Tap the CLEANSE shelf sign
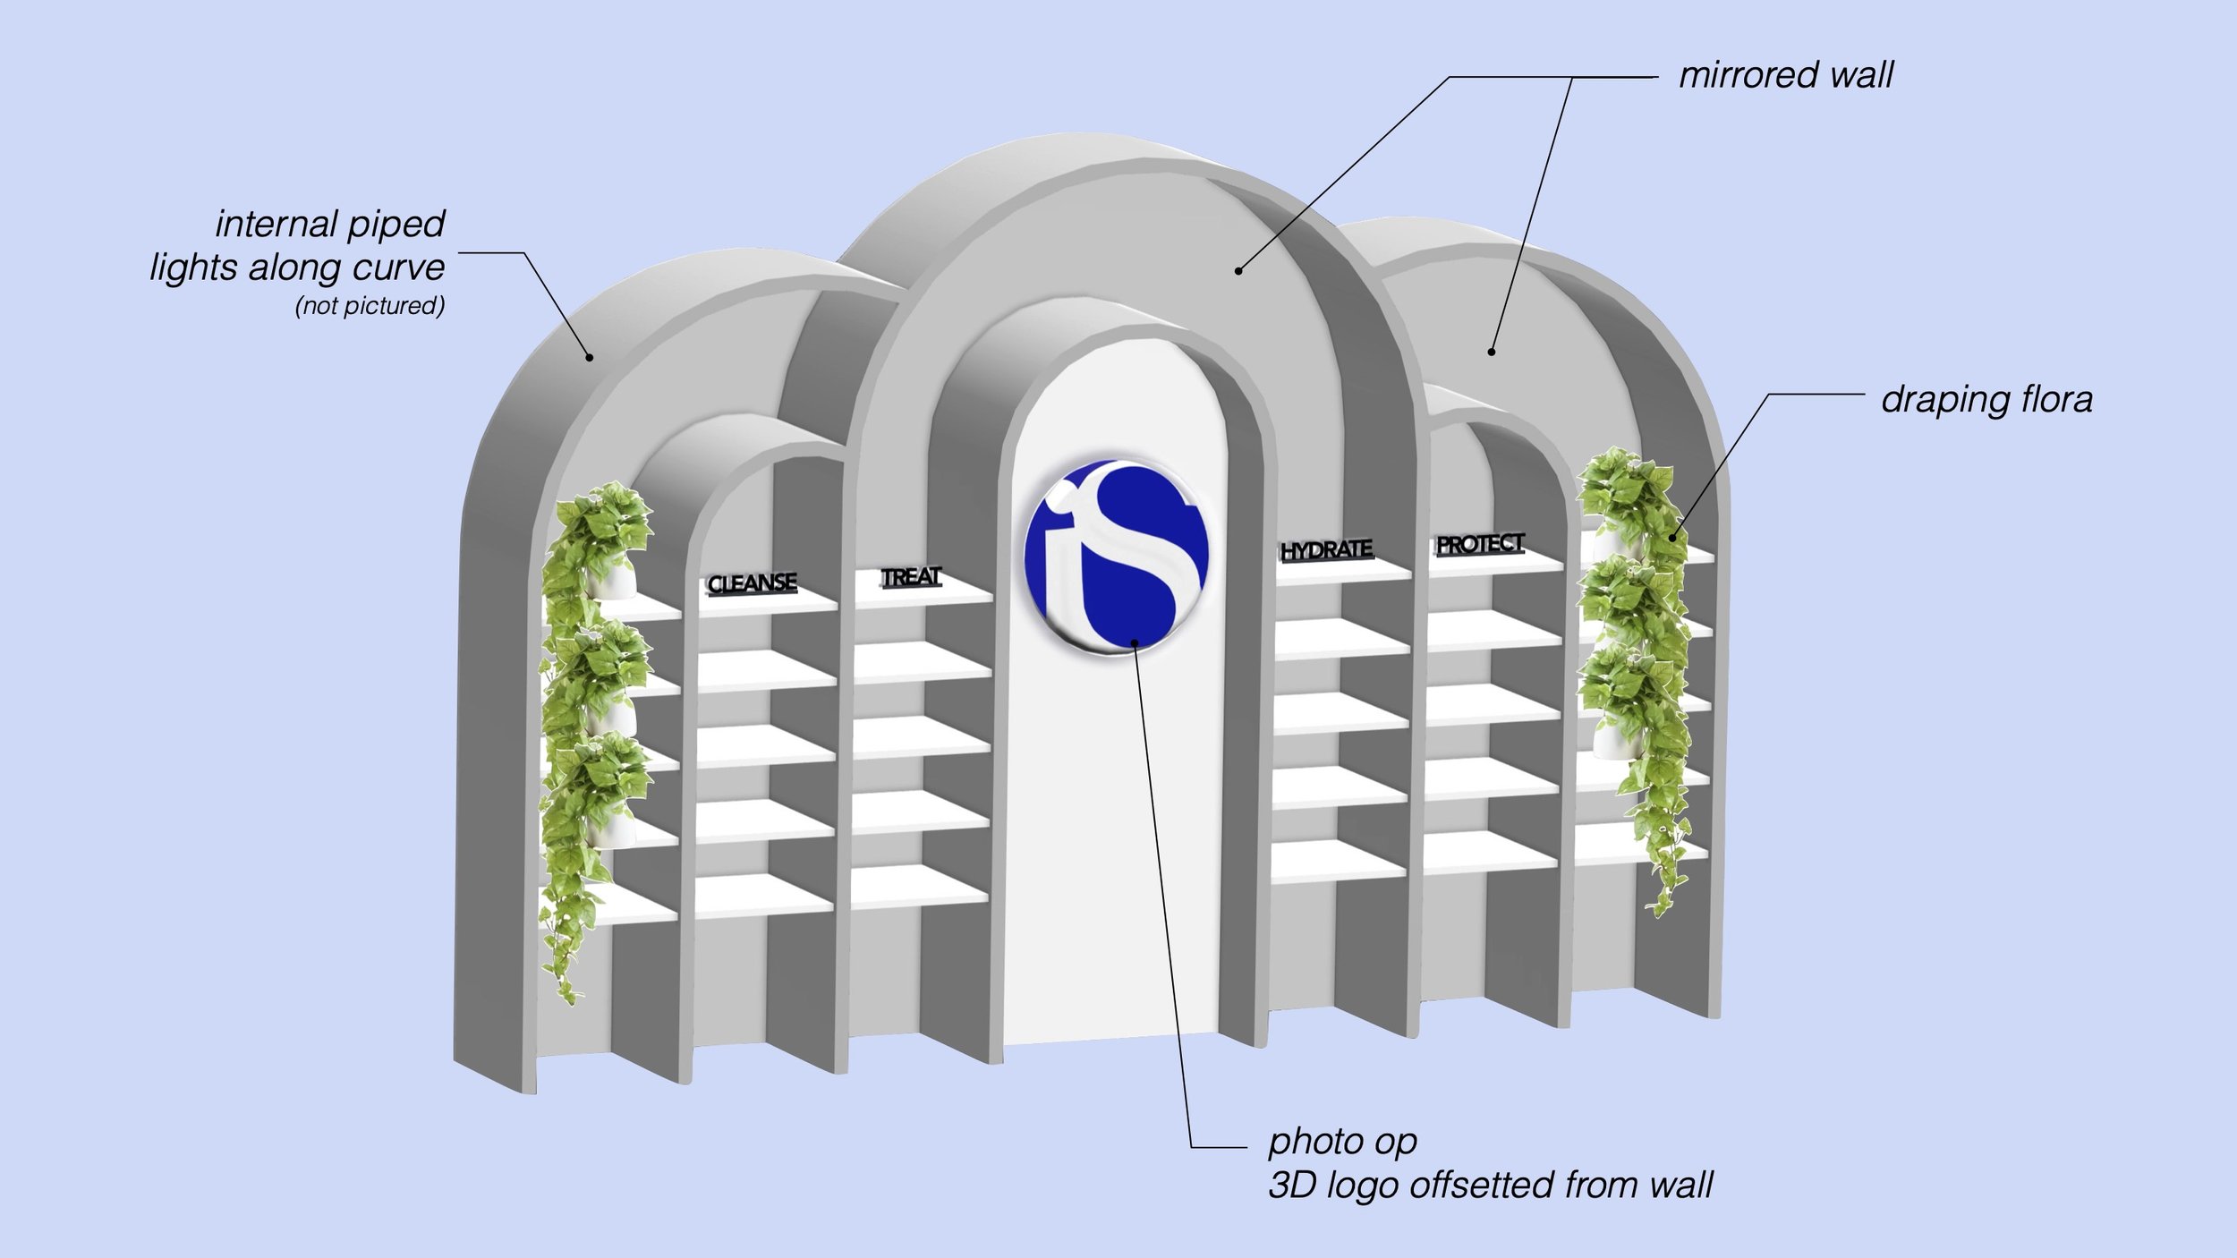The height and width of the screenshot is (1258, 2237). click(752, 583)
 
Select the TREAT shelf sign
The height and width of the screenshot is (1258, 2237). click(911, 577)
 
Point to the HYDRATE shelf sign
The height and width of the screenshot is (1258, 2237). click(1326, 549)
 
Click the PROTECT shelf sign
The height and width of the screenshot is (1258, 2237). click(1480, 544)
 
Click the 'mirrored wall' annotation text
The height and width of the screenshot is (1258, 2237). click(1785, 75)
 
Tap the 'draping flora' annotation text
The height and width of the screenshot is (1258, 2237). click(1986, 399)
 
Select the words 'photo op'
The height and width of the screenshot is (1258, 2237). click(1342, 1142)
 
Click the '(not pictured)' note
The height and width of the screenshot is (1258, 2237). click(370, 306)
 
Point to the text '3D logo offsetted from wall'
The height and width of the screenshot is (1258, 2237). click(1490, 1186)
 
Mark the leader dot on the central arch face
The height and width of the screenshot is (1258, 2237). click(1238, 270)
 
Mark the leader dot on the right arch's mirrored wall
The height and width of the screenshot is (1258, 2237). click(1491, 352)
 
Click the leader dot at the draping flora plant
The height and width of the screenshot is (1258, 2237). click(1672, 538)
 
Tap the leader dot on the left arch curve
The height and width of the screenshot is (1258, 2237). click(590, 358)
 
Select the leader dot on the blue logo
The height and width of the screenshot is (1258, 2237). click(1135, 642)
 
